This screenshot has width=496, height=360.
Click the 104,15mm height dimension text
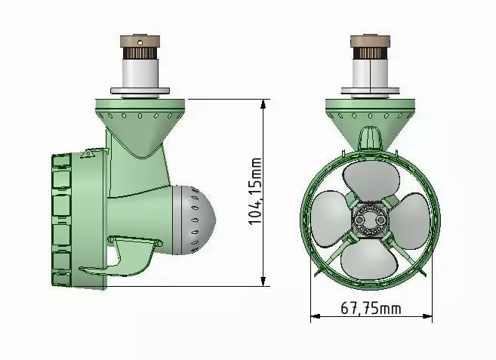point(256,192)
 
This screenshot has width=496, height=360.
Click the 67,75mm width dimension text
point(371,308)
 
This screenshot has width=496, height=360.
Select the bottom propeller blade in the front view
point(368,258)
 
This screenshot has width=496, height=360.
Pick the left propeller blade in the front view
point(331,218)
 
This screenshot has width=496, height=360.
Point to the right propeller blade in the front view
point(410,221)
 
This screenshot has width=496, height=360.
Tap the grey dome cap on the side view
point(193,220)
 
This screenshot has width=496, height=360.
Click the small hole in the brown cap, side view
point(140,42)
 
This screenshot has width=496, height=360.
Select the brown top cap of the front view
point(370,41)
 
